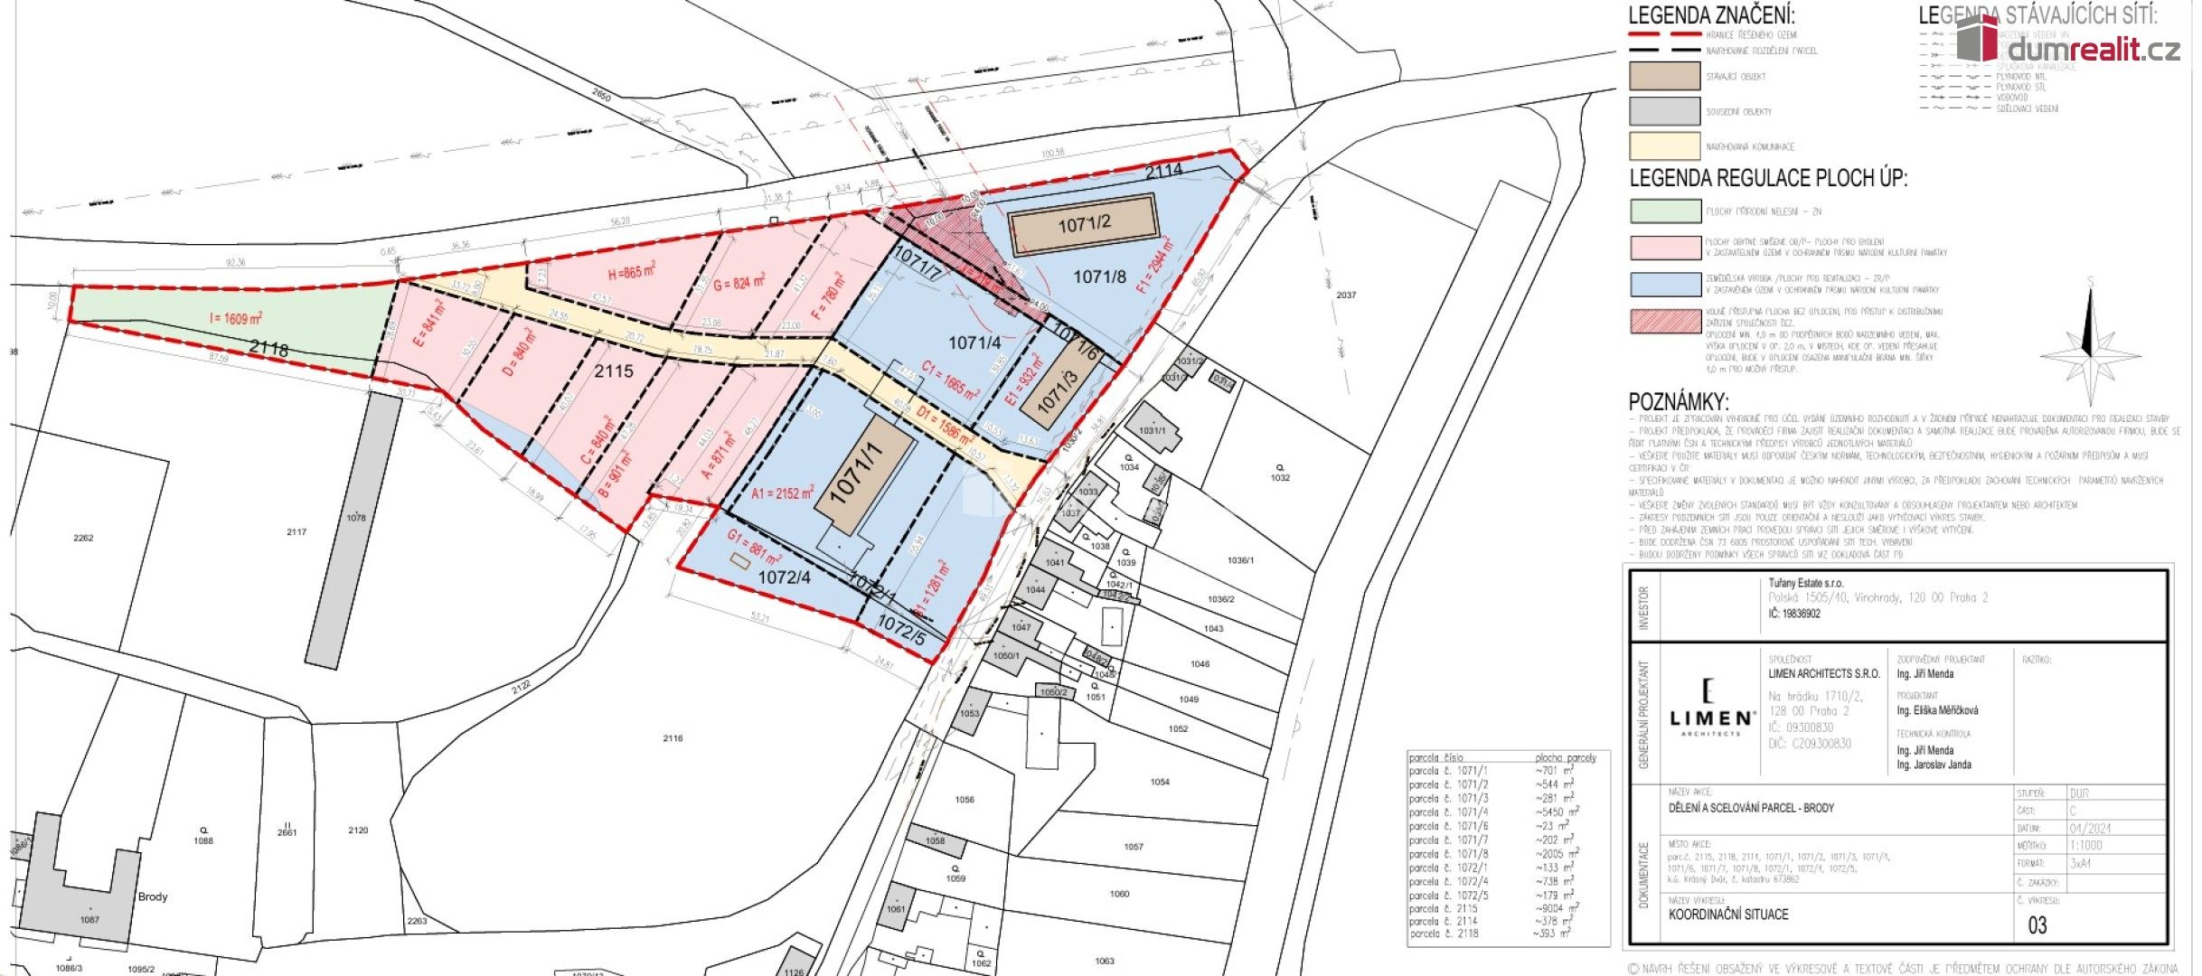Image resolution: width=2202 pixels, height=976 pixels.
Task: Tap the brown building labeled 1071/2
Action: [1083, 223]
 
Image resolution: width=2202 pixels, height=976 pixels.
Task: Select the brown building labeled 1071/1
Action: [863, 474]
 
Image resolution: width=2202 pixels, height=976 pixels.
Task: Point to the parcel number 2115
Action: [614, 371]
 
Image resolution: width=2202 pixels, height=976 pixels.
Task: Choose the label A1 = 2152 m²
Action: [782, 493]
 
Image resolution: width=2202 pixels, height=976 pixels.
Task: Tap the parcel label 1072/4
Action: [784, 577]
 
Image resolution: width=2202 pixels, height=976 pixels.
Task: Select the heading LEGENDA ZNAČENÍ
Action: [1711, 15]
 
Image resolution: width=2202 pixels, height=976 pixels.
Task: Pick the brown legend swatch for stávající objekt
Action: [1664, 76]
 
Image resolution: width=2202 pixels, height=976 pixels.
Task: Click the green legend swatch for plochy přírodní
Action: [1665, 211]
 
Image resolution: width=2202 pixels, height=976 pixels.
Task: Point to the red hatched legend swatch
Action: [1665, 321]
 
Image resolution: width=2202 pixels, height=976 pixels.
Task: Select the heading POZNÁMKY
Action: [1678, 402]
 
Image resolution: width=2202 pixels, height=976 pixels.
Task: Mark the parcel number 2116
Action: [673, 738]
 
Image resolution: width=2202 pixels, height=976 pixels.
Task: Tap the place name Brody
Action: [153, 897]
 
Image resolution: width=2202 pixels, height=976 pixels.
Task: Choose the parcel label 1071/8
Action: [1099, 277]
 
